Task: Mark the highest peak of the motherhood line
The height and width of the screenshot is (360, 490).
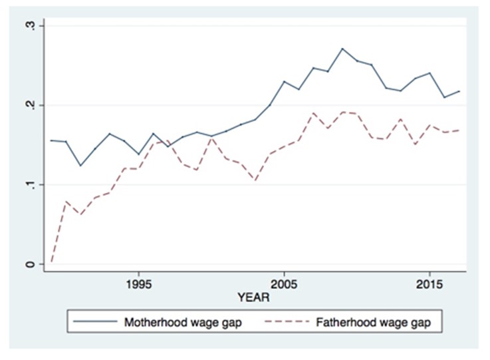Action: click(342, 49)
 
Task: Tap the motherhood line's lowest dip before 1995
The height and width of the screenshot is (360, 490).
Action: click(80, 165)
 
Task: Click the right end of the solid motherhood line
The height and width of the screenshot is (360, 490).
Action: click(459, 91)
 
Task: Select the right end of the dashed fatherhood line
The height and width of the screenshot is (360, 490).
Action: click(459, 130)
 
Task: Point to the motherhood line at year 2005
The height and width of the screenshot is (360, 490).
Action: click(284, 82)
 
